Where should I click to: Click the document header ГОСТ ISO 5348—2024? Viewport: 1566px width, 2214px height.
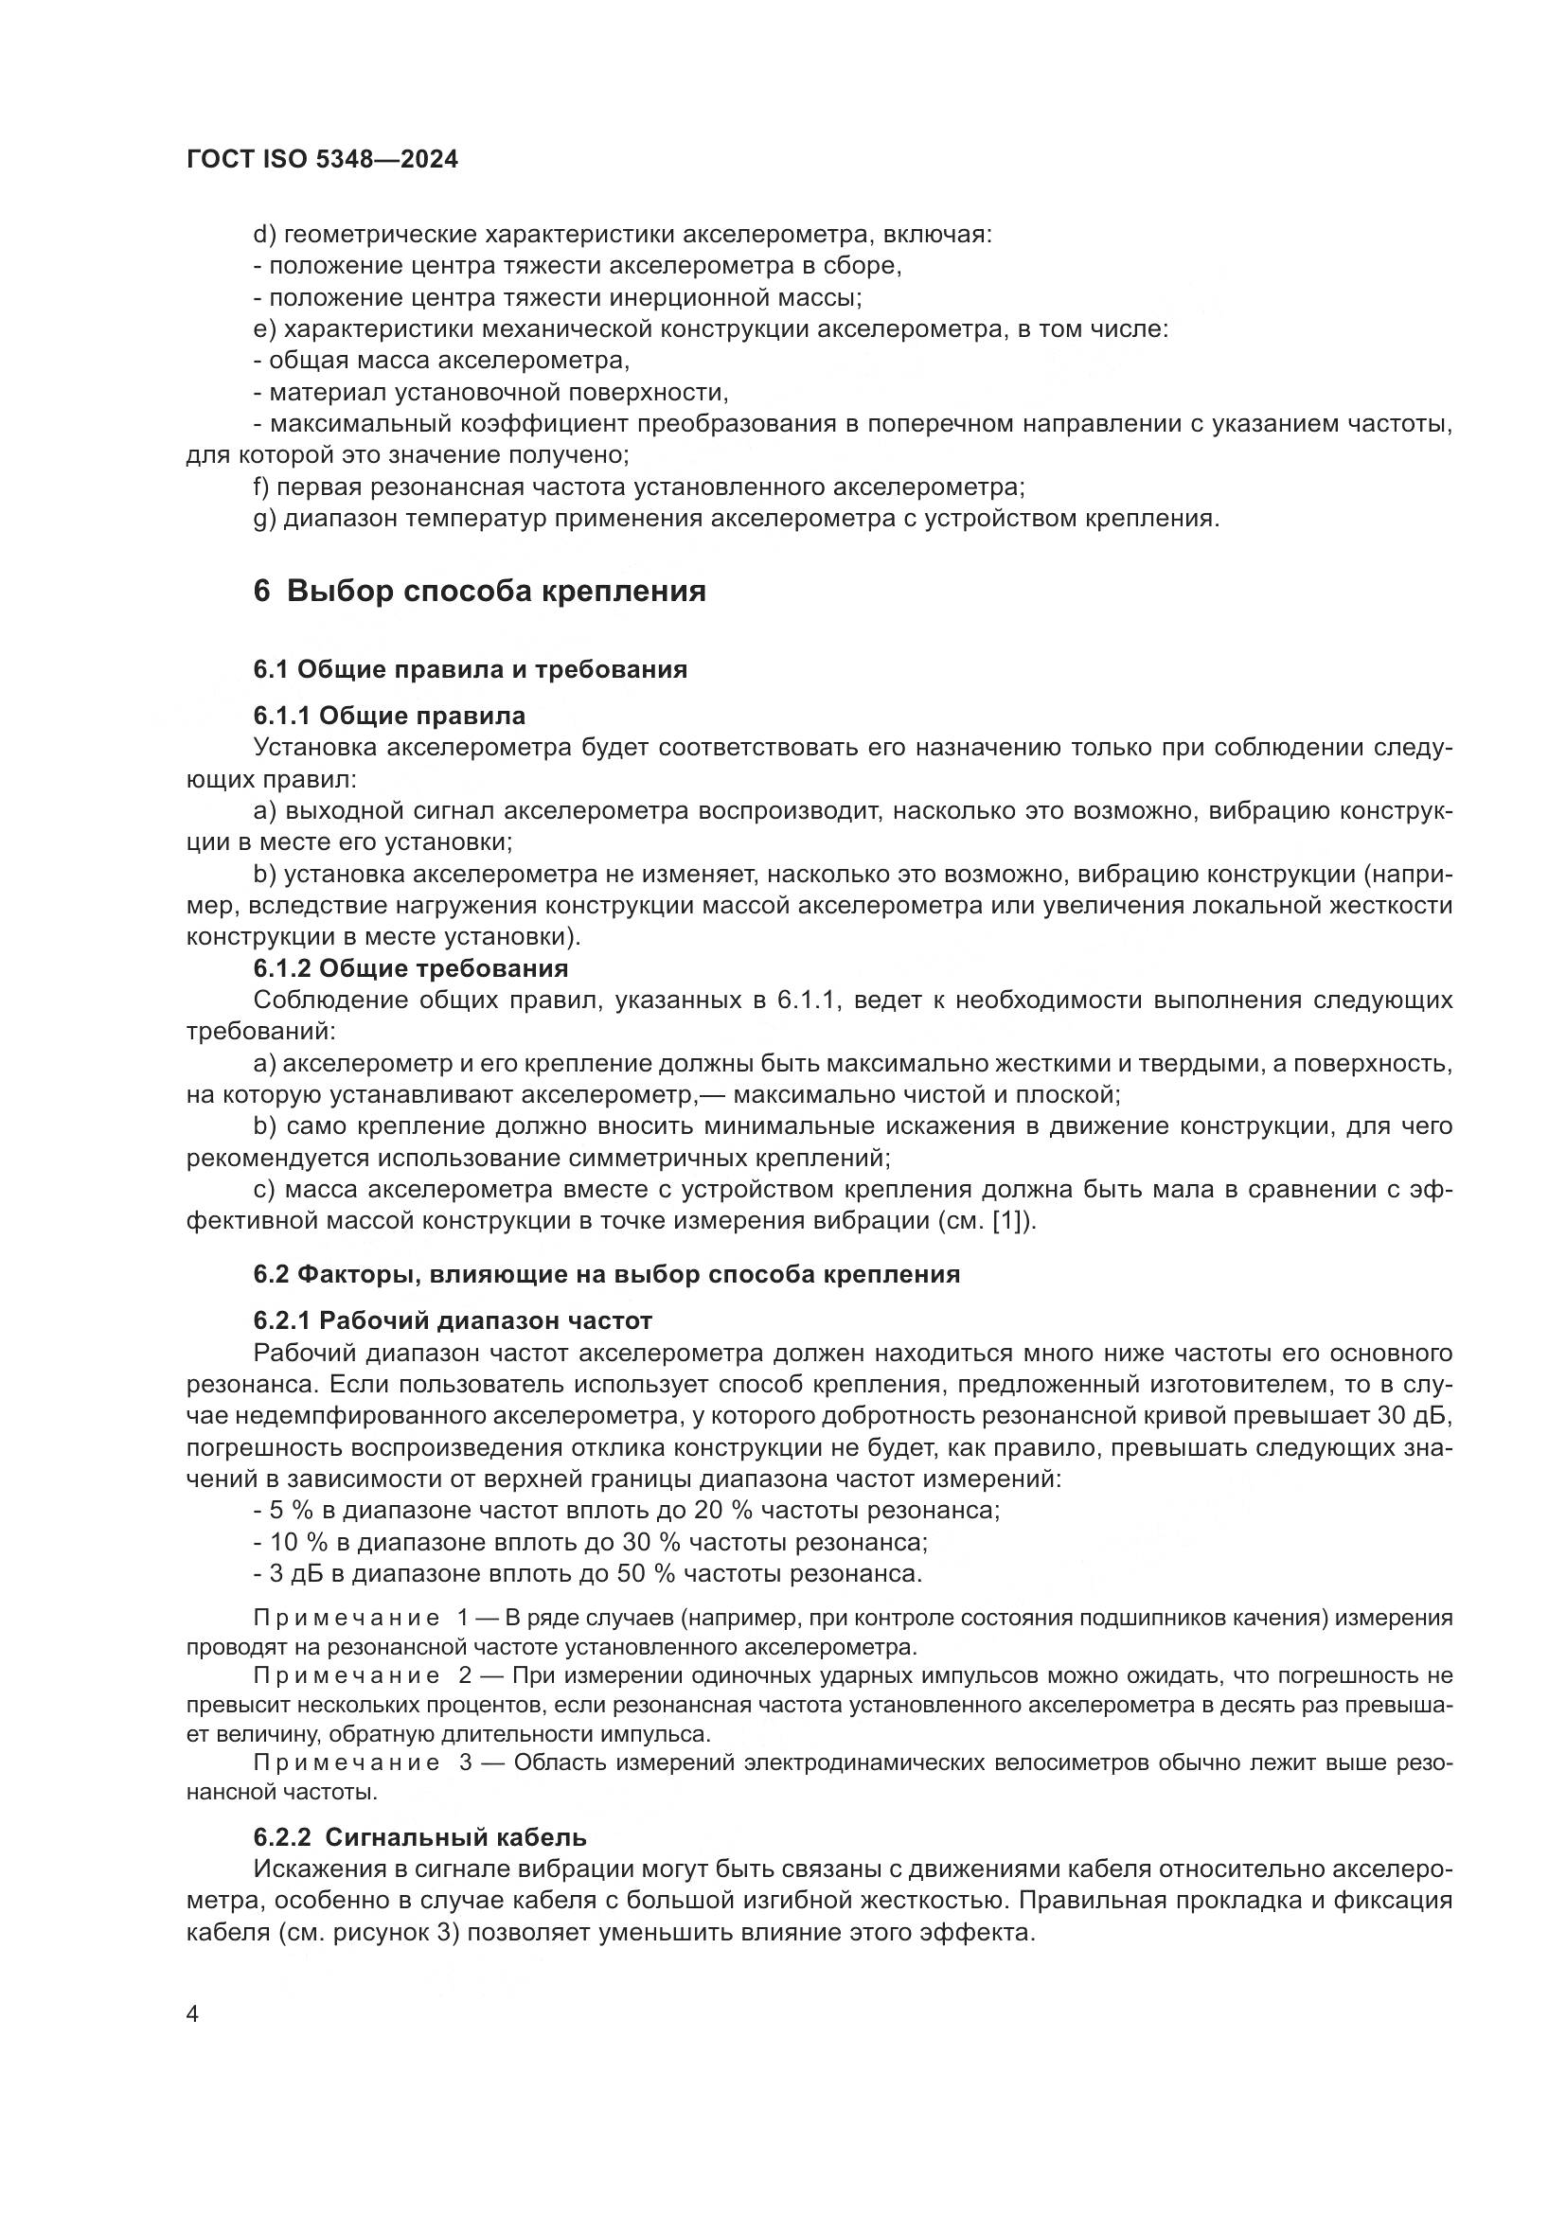(x=321, y=160)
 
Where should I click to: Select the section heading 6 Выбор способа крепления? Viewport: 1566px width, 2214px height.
(x=479, y=590)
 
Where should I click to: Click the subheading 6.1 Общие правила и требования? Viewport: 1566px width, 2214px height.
(x=470, y=669)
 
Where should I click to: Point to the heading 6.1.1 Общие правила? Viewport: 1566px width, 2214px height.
(x=388, y=716)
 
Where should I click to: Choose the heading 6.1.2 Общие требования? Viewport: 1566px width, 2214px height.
(x=410, y=967)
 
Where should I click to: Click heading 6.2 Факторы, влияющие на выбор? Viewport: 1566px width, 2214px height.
(x=606, y=1274)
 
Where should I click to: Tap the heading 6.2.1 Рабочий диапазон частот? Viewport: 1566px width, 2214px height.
(x=453, y=1320)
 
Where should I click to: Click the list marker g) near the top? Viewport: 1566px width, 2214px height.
(x=264, y=519)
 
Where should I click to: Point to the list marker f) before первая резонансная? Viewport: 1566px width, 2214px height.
(x=261, y=487)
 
